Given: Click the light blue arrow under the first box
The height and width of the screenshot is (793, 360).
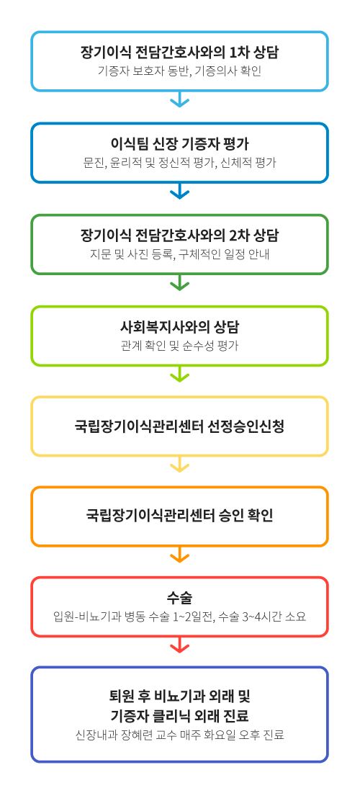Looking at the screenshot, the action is point(179,99).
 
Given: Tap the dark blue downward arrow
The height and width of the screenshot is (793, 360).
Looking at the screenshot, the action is point(179,191).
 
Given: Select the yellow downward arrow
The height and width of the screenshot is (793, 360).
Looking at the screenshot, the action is point(179,465).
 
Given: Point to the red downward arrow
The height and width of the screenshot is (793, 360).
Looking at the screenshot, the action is point(179,645).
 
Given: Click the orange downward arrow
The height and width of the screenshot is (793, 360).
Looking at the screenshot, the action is point(179,555).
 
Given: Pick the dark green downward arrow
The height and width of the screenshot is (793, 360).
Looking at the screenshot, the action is point(179,282).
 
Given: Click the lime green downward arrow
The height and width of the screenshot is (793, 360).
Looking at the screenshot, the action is point(179,374).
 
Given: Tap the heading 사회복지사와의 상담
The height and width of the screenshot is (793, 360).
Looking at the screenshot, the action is point(179,327).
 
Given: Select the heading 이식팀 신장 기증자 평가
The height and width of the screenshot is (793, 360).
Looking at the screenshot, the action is point(179,145).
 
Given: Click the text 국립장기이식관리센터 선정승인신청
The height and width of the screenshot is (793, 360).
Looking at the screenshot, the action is point(179,426).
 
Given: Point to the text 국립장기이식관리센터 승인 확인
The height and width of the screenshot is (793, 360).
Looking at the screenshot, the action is point(179,516).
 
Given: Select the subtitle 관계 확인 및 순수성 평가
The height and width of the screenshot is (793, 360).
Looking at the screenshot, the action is point(179,346).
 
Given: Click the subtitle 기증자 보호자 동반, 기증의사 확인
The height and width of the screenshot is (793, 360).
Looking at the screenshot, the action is point(179,71).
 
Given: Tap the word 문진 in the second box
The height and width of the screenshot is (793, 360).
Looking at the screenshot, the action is point(94,163).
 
